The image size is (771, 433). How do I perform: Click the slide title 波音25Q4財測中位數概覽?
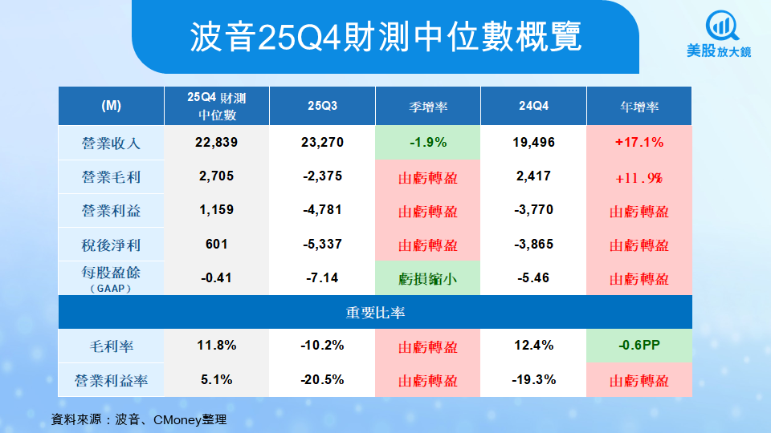[x=385, y=38]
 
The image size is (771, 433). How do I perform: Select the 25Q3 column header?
[x=323, y=106]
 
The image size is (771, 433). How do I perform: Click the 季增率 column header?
[x=427, y=106]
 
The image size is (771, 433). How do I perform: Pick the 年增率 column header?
[x=639, y=106]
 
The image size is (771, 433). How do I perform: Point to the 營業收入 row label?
[x=112, y=143]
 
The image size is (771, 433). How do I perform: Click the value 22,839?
[x=217, y=143]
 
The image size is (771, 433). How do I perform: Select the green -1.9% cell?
[x=427, y=143]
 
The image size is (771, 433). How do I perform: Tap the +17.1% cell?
[x=639, y=143]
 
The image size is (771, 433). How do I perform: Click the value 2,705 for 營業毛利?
[x=217, y=177]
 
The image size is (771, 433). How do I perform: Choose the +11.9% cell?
[x=639, y=177]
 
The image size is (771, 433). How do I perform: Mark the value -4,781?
[x=323, y=211]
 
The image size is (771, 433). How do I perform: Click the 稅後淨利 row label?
[x=112, y=245]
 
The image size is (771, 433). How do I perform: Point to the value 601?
[x=217, y=245]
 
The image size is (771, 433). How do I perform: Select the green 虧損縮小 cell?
[x=427, y=279]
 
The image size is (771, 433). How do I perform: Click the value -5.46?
[x=534, y=279]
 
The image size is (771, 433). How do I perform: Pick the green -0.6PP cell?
[x=639, y=346]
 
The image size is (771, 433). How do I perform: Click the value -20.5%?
[x=323, y=379]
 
